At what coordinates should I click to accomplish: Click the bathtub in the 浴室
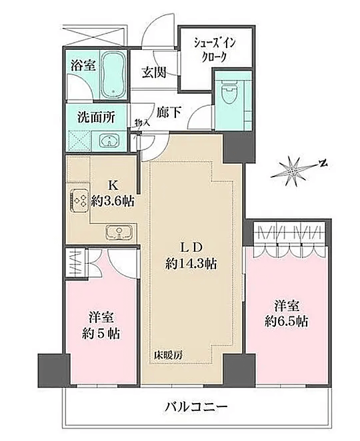point(113,74)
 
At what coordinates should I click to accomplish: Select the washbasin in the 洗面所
point(110,141)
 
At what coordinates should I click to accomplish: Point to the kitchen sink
point(120,232)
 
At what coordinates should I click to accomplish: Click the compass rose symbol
point(293,171)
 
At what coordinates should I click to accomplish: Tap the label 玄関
point(154,73)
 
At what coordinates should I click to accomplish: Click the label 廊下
point(169,113)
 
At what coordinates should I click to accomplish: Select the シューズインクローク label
point(215,51)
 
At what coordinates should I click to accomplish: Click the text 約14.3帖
point(191,264)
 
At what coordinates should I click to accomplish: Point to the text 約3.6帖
point(113,201)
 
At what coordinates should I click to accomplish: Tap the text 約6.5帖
point(286,321)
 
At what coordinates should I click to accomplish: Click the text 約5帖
point(101,334)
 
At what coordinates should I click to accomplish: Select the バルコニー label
point(195,406)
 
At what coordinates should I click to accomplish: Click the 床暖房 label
point(168,356)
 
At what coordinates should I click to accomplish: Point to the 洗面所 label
point(96,117)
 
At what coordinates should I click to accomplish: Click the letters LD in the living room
point(191,247)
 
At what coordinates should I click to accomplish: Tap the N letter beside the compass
point(324,163)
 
